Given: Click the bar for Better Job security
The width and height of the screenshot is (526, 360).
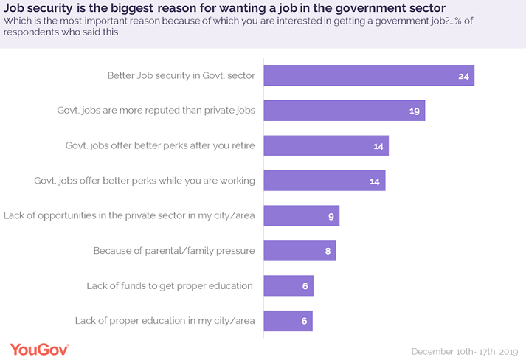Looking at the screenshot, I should pyautogui.click(x=368, y=76).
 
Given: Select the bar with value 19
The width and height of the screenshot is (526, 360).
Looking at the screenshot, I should pyautogui.click(x=344, y=111).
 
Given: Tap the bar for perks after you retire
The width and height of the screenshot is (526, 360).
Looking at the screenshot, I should pyautogui.click(x=325, y=146).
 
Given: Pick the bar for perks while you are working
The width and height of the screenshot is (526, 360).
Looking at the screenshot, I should pyautogui.click(x=324, y=181).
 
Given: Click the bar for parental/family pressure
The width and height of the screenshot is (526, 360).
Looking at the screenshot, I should pyautogui.click(x=300, y=251).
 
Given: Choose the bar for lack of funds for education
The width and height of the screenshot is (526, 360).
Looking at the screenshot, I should pyautogui.click(x=288, y=285).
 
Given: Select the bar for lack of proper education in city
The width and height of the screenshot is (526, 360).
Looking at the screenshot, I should pyautogui.click(x=288, y=321).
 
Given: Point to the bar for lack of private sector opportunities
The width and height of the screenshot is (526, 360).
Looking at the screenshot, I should pyautogui.click(x=301, y=216).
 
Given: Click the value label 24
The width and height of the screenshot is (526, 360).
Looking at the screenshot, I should pyautogui.click(x=463, y=76).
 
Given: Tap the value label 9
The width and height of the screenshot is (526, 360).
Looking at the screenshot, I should pyautogui.click(x=331, y=216).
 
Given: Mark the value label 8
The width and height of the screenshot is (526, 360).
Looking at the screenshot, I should pyautogui.click(x=328, y=251).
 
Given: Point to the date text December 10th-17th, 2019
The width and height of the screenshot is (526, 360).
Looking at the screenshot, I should pyautogui.click(x=465, y=350).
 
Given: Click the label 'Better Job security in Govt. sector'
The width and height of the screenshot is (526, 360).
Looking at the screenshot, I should pyautogui.click(x=181, y=75).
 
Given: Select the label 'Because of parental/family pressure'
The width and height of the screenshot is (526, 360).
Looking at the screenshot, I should pyautogui.click(x=174, y=251).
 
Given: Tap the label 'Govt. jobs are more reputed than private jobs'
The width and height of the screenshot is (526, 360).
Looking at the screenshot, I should pyautogui.click(x=156, y=111).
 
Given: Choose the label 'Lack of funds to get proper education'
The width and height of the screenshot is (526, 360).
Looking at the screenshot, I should pyautogui.click(x=170, y=285).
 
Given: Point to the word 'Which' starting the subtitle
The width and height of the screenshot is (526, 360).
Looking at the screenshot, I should pyautogui.click(x=17, y=21).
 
